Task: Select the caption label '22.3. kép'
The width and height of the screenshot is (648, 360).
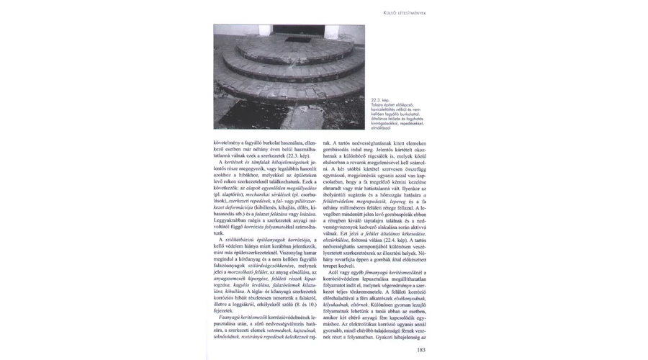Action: tap(379, 100)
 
